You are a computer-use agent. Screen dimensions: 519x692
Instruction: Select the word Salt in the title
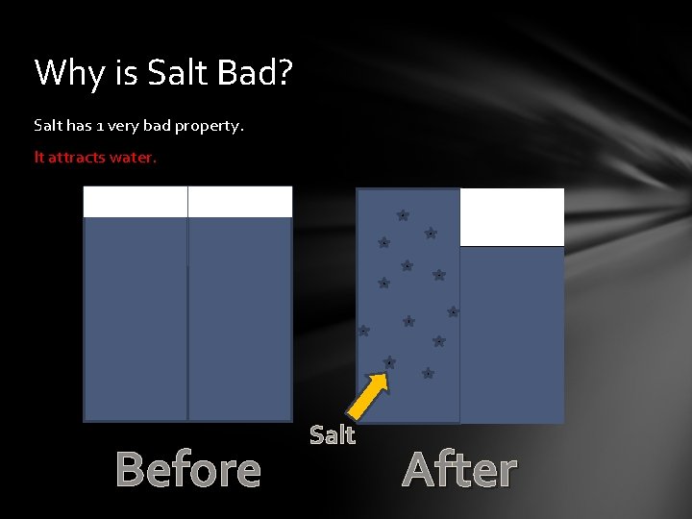click(x=170, y=72)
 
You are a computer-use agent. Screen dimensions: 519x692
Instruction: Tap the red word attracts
click(x=77, y=157)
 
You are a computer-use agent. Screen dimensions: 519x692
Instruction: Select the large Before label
click(x=188, y=470)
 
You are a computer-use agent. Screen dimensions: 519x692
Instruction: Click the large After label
click(x=459, y=470)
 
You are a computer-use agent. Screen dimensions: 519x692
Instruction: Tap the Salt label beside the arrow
click(x=333, y=435)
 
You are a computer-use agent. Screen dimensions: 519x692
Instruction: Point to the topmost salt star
click(x=403, y=215)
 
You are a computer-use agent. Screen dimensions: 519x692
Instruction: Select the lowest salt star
click(x=428, y=373)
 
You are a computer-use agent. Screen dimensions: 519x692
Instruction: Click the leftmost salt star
click(x=363, y=331)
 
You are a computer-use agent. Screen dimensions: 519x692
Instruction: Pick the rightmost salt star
click(x=453, y=311)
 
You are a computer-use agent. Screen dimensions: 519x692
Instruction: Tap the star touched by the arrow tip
click(x=389, y=362)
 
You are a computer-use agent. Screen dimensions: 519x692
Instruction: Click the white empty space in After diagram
click(x=512, y=217)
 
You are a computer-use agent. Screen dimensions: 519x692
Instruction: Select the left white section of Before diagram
click(x=136, y=202)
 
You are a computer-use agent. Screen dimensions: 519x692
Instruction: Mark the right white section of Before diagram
click(x=240, y=202)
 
